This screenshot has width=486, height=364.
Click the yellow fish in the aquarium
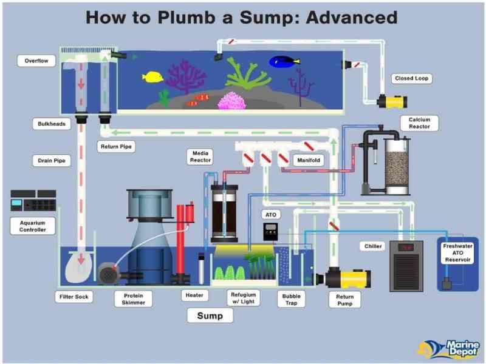(x=152, y=77)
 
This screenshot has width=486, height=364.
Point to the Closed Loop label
(x=412, y=78)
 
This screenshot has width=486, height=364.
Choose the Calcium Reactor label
(x=419, y=123)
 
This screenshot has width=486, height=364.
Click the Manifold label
(x=309, y=160)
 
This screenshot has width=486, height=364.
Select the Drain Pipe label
(x=48, y=161)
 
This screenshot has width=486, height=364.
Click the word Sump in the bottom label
(x=210, y=315)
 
